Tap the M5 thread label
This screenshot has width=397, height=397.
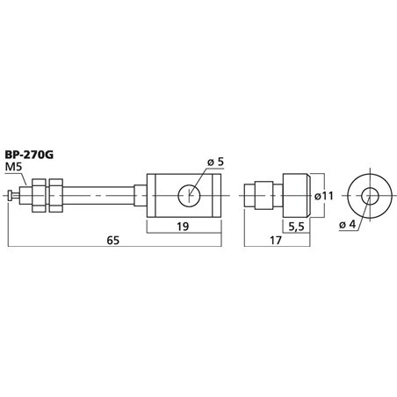(x=15, y=169)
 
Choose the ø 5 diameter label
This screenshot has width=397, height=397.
(x=214, y=162)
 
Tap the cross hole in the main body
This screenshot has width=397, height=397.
(x=190, y=196)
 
